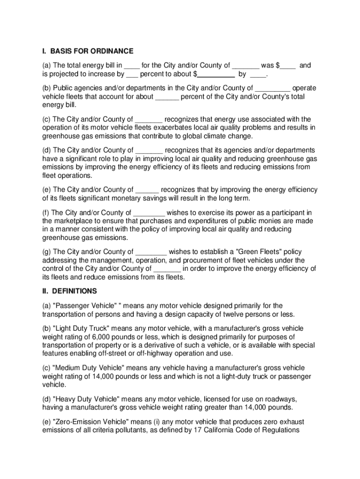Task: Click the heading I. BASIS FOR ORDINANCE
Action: point(88,51)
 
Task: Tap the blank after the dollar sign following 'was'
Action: point(288,66)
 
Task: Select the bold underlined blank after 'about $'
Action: point(216,74)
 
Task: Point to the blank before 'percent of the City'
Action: point(167,97)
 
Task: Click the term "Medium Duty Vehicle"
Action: point(89,368)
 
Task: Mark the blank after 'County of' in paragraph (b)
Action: point(273,88)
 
